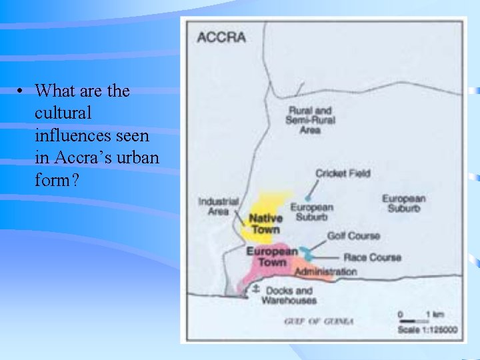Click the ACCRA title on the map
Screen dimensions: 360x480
click(x=221, y=37)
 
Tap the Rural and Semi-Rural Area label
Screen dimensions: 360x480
click(x=310, y=120)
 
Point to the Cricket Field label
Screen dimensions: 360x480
click(x=343, y=173)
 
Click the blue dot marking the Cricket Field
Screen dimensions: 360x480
click(x=307, y=198)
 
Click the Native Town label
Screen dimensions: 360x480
click(x=265, y=223)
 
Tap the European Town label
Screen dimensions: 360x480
click(x=272, y=257)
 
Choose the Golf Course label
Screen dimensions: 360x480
click(x=353, y=235)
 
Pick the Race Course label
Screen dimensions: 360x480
click(x=372, y=257)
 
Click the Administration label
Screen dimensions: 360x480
click(x=325, y=271)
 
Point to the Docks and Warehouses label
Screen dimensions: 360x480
click(x=289, y=295)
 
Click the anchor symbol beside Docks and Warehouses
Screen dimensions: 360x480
click(x=255, y=289)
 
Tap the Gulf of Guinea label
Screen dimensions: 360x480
click(x=319, y=321)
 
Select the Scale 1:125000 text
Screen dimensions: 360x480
click(x=428, y=330)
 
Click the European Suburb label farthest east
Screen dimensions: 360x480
click(x=403, y=203)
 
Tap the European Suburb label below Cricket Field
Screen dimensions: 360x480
click(x=311, y=212)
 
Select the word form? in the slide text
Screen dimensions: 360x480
click(x=57, y=179)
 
